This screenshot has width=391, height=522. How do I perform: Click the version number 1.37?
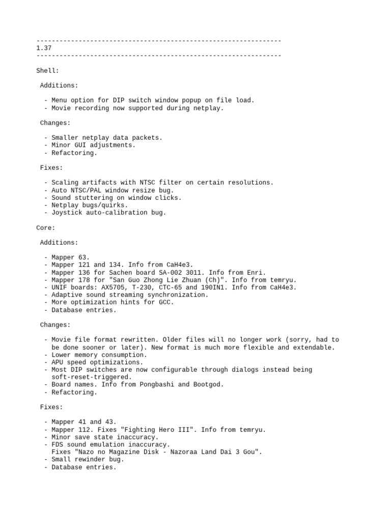pyautogui.click(x=44, y=48)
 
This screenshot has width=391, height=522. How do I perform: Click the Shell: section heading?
pyautogui.click(x=47, y=70)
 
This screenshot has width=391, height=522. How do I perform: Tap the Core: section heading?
pyautogui.click(x=45, y=227)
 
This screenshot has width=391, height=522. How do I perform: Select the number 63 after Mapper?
pyautogui.click(x=83, y=257)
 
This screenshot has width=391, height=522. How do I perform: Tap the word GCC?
pyautogui.click(x=165, y=302)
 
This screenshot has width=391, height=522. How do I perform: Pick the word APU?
pyautogui.click(x=57, y=362)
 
